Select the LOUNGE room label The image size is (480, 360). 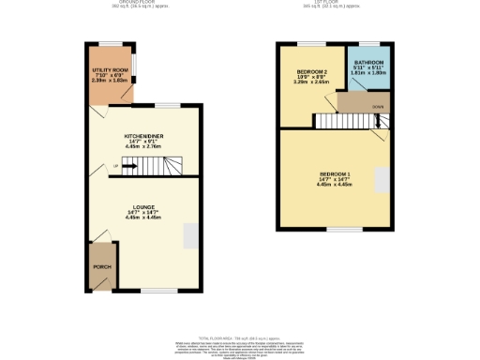click(x=143, y=207)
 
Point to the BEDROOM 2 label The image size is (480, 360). click(x=312, y=72)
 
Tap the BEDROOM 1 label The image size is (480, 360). click(x=335, y=174)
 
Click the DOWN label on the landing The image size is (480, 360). click(x=378, y=108)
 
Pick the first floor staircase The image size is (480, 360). click(x=348, y=120)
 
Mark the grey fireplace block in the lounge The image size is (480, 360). click(x=190, y=235)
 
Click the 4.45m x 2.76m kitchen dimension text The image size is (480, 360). click(x=143, y=147)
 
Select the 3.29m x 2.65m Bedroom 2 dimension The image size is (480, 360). click(x=312, y=82)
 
